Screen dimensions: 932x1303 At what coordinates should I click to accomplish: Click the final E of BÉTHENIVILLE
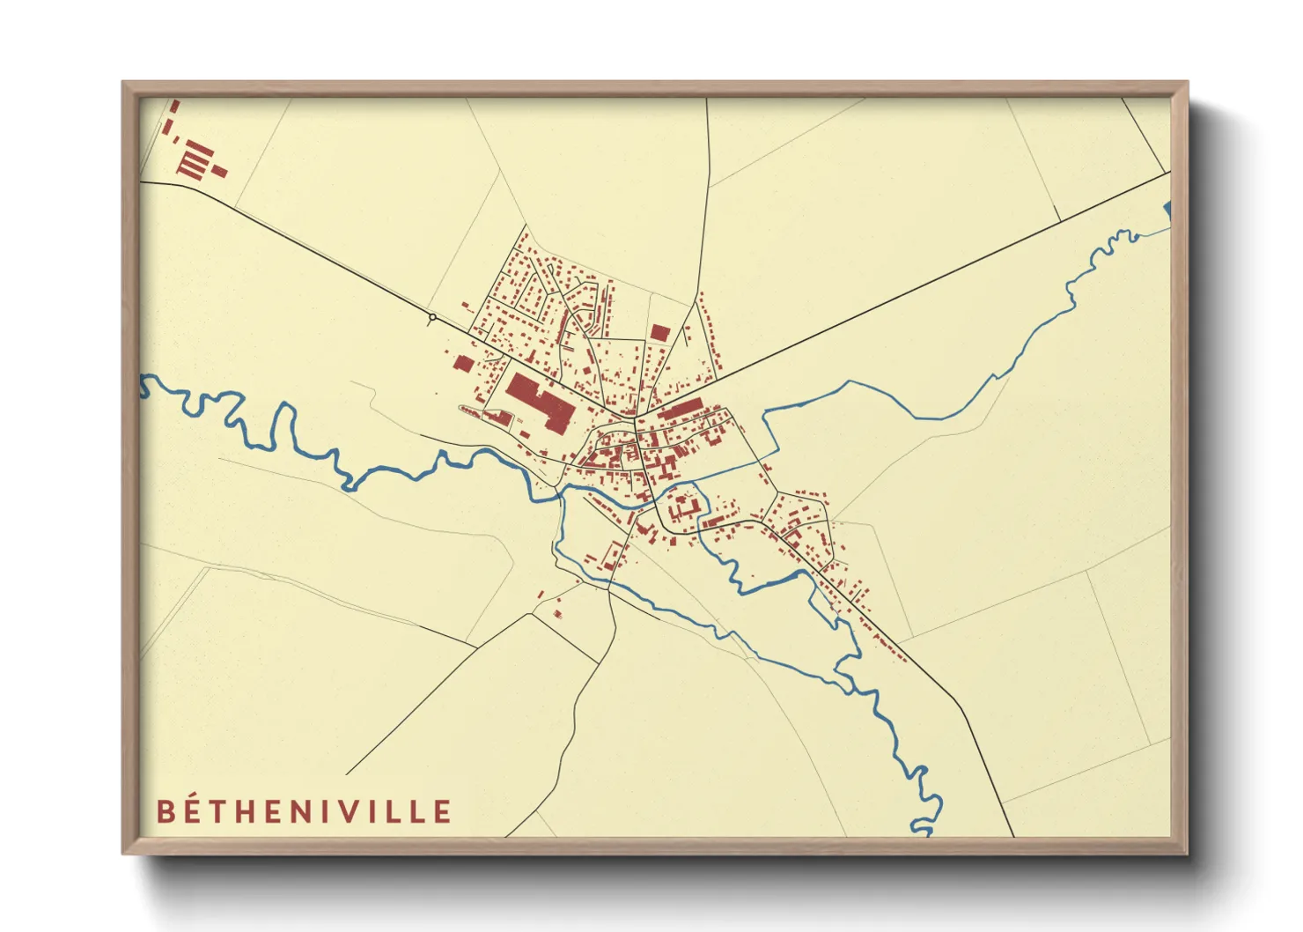[442, 811]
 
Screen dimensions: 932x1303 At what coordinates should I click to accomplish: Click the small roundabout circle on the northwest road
[432, 317]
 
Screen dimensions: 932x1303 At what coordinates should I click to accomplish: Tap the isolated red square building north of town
[659, 333]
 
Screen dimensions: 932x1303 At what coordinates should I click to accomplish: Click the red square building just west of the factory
[463, 364]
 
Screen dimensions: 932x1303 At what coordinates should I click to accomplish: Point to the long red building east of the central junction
[681, 409]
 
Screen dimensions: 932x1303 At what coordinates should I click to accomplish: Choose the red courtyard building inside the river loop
[685, 507]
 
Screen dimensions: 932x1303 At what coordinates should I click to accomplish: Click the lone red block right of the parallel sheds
[219, 172]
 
